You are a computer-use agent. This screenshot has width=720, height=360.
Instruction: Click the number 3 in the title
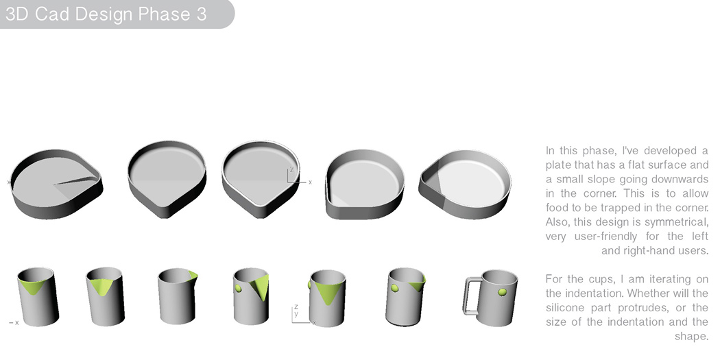click(x=200, y=14)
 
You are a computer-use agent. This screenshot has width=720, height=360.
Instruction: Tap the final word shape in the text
click(x=693, y=336)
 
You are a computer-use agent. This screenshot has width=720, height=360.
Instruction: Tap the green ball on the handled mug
click(x=502, y=293)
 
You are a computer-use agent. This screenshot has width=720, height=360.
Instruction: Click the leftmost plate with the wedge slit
click(x=57, y=182)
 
